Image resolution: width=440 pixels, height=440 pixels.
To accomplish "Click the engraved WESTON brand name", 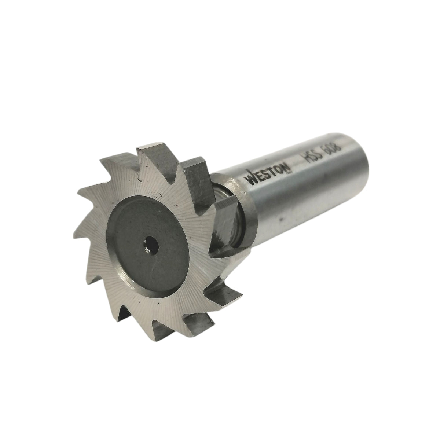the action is point(268,173).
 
